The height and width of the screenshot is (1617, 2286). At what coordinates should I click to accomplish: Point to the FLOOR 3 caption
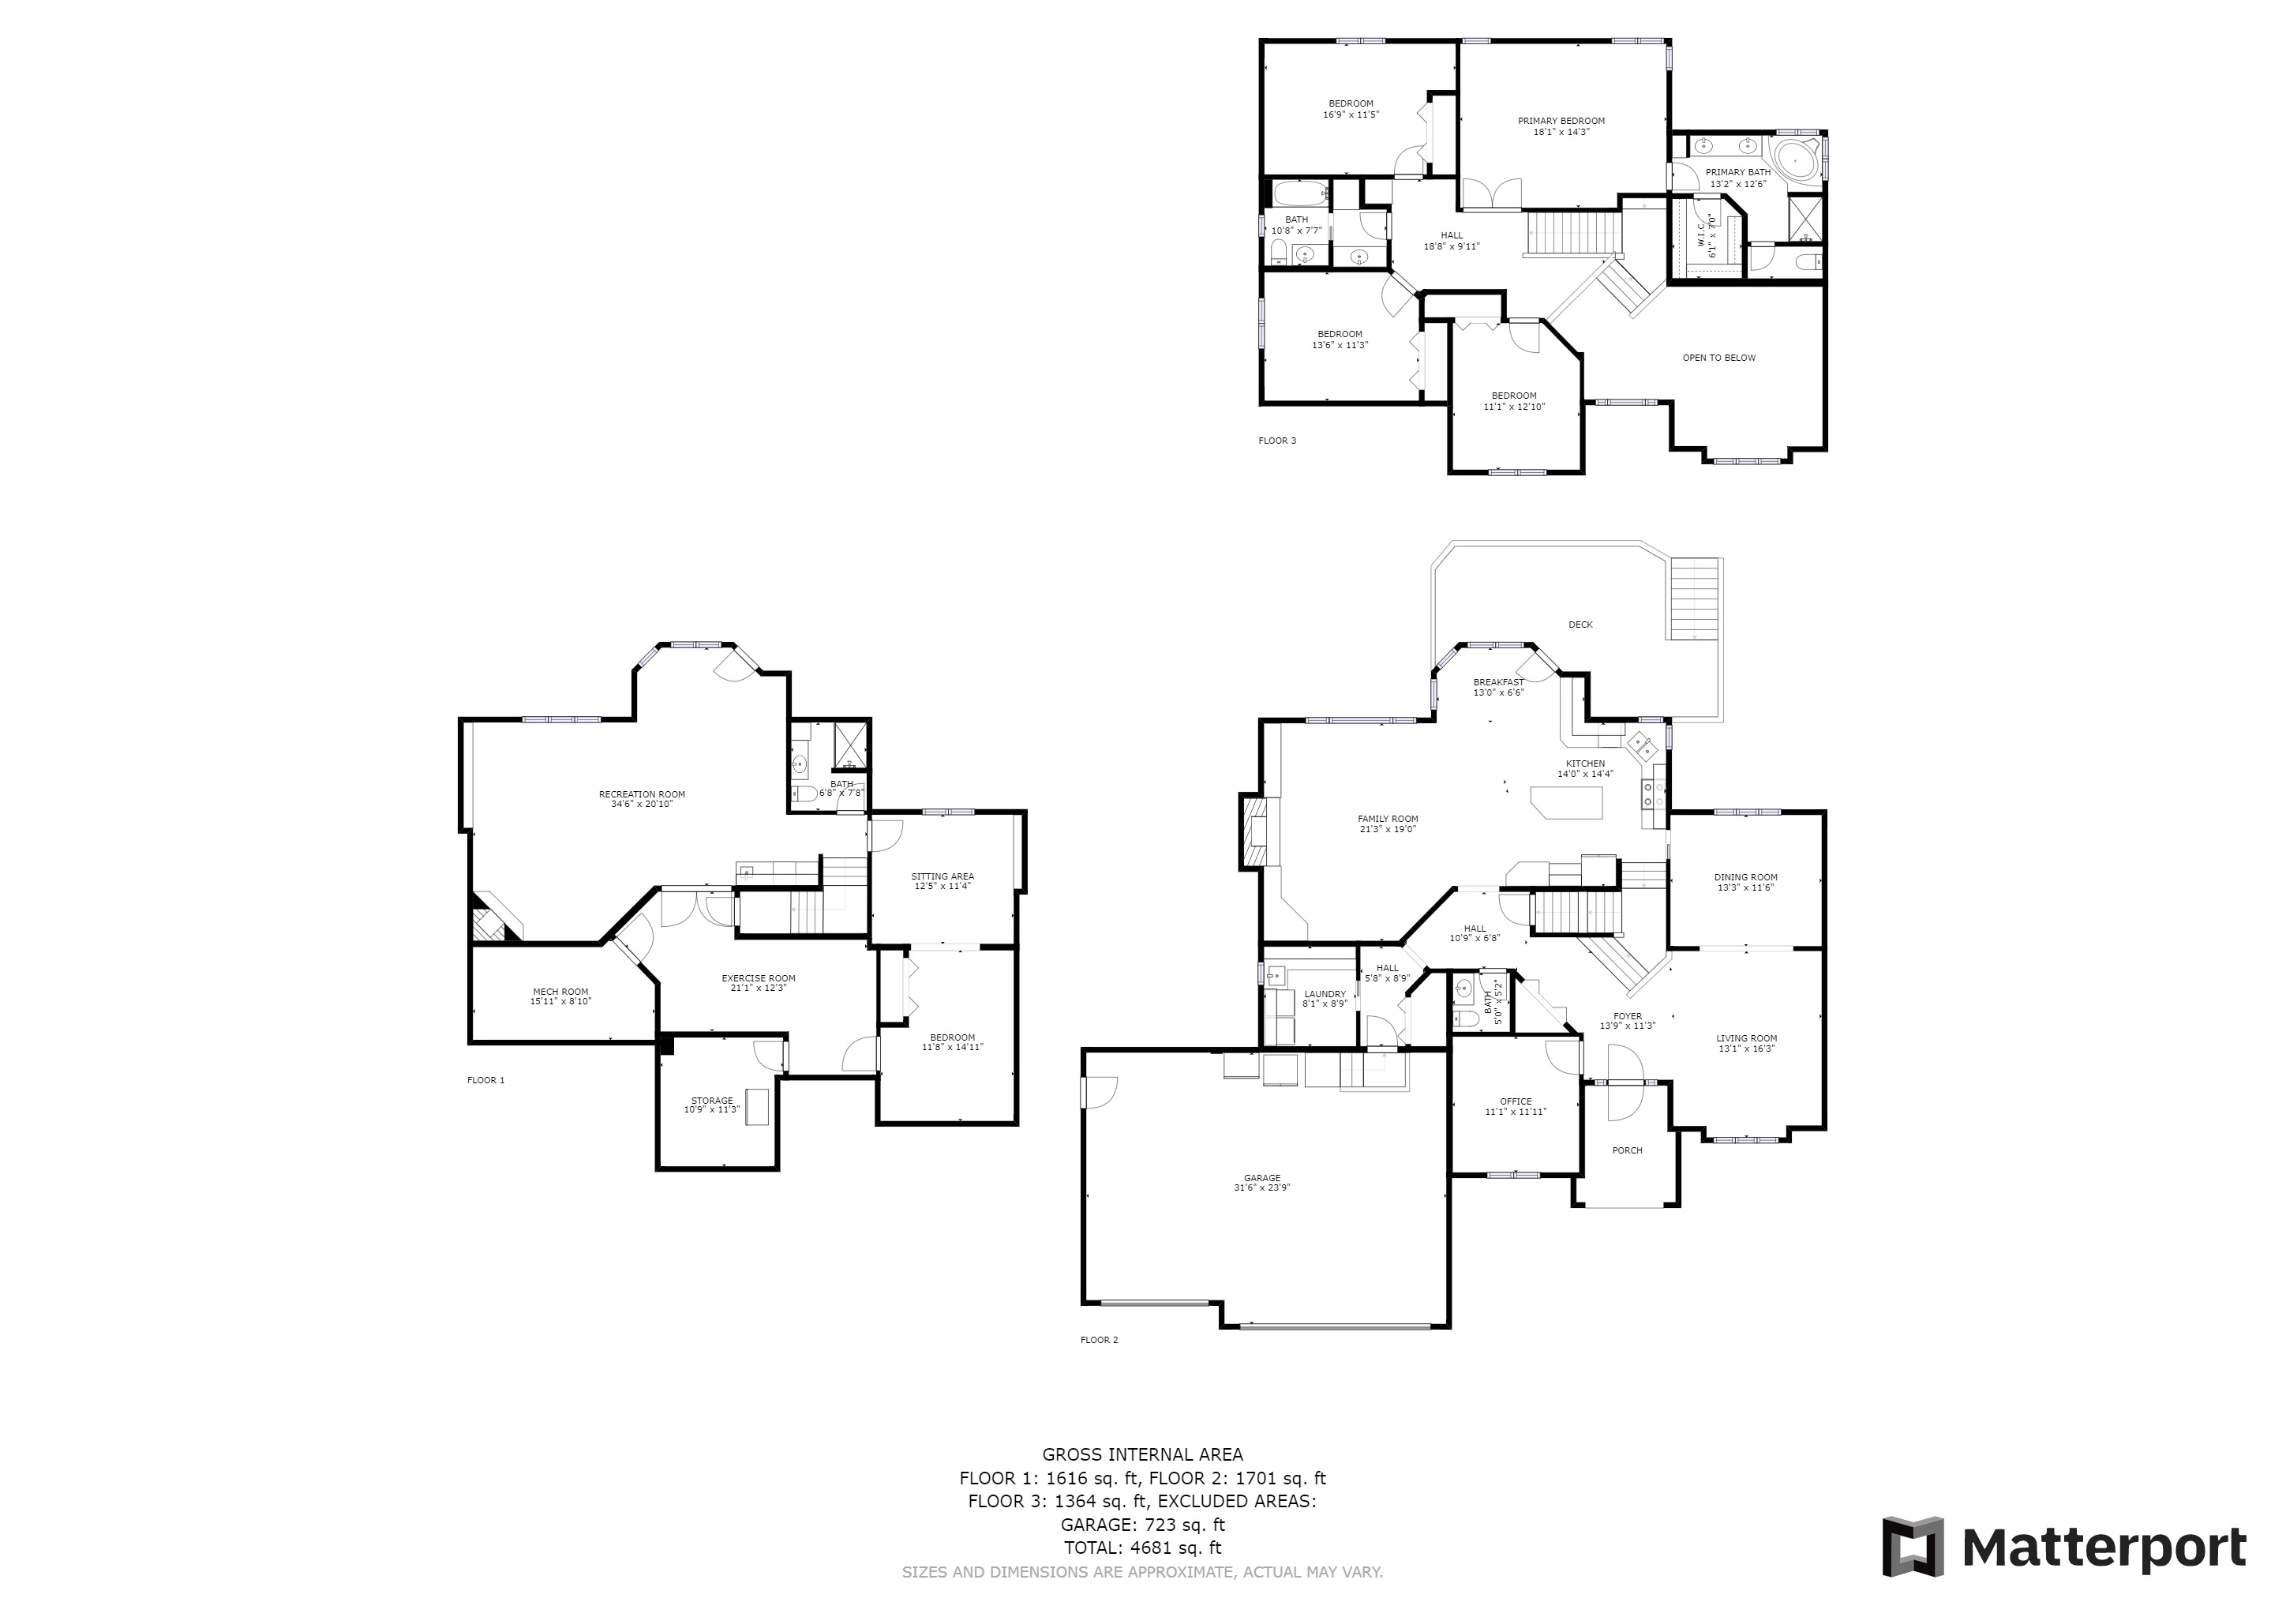[1277, 440]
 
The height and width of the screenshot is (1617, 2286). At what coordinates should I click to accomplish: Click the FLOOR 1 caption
[486, 1080]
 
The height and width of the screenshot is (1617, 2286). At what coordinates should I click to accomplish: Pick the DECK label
[1580, 625]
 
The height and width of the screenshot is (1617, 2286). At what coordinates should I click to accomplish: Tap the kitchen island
[1566, 801]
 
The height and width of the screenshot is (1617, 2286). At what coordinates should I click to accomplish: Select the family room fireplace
[1253, 831]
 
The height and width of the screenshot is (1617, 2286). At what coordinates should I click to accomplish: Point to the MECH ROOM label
[560, 992]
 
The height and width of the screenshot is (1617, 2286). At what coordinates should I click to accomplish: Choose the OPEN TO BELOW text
[1718, 358]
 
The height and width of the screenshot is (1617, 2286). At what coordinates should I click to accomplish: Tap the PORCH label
[1627, 1151]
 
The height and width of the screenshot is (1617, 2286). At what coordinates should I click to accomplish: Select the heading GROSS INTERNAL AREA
[1142, 1454]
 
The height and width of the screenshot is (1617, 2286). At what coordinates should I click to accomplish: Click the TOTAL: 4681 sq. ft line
[1142, 1548]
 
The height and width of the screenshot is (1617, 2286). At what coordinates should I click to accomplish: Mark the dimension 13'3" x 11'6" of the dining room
[1745, 887]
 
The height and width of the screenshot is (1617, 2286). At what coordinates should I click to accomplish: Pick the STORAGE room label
[712, 1101]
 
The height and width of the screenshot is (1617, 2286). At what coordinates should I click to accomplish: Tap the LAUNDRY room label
[1325, 994]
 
